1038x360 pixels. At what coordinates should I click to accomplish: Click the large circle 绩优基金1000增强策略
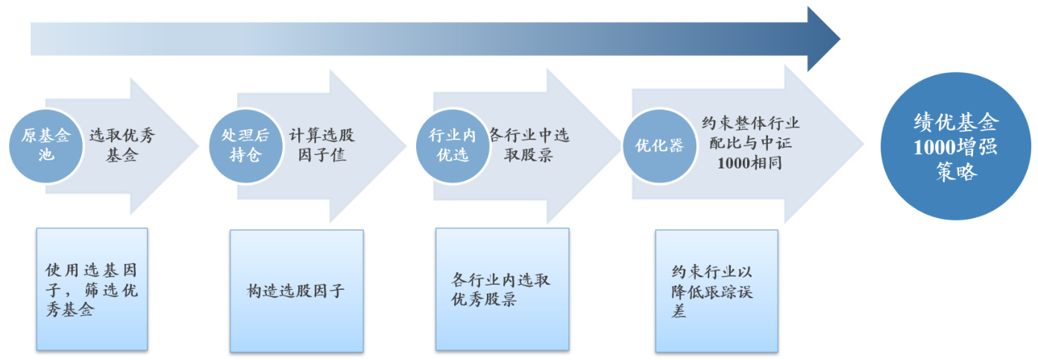956,147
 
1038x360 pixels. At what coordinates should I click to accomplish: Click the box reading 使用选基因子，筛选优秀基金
92,289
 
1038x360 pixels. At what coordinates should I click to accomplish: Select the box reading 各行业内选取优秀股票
502,289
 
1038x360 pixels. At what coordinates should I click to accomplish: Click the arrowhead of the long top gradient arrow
823,39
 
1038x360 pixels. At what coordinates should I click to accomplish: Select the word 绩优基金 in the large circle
956,122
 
